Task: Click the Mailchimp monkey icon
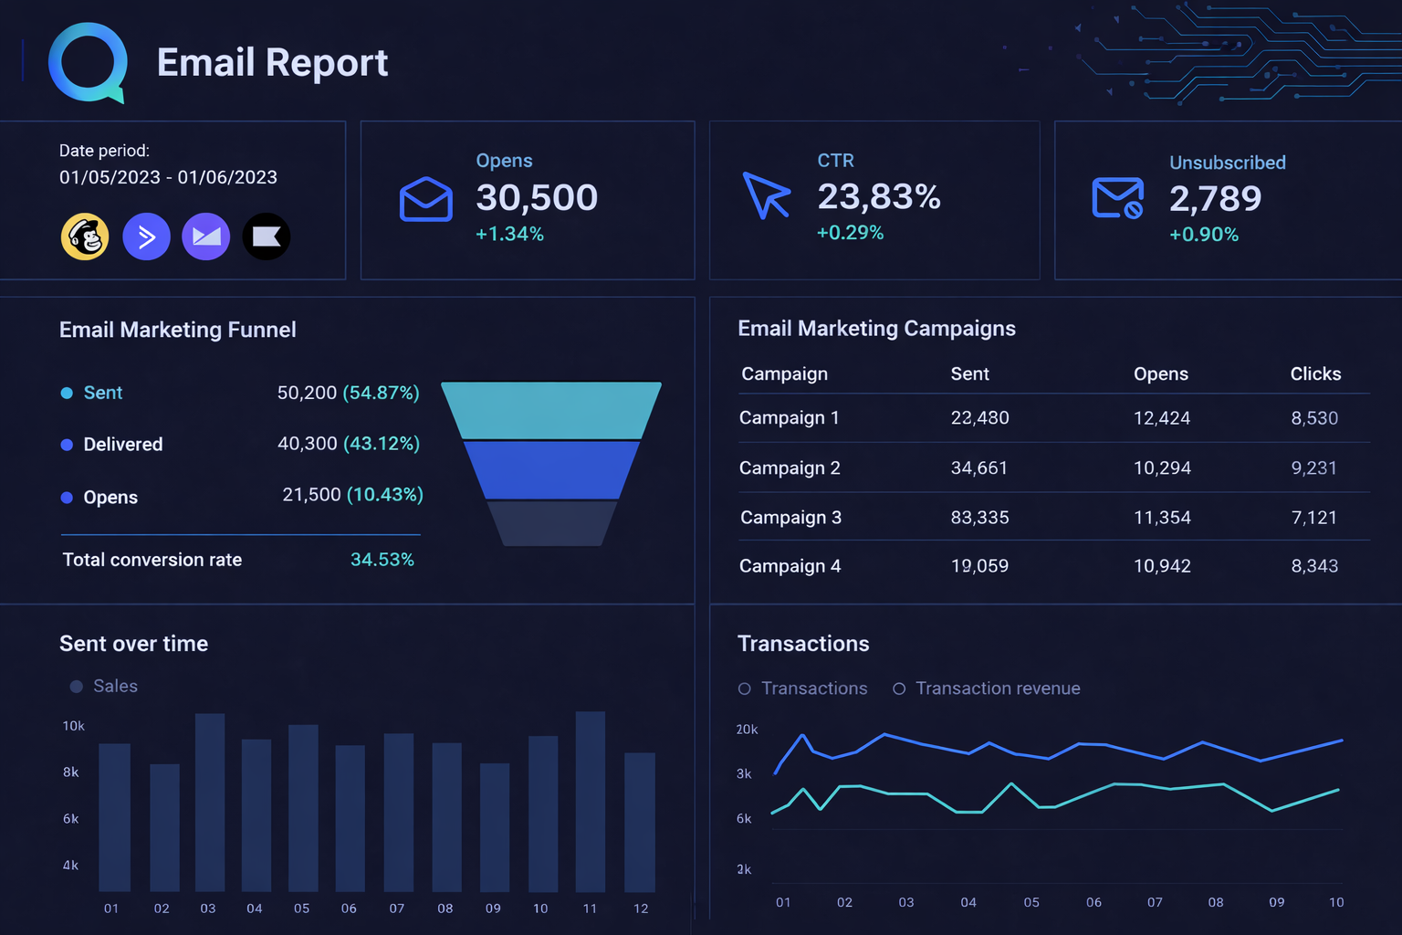[x=85, y=236]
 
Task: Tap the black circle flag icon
[x=267, y=236]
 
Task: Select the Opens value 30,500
[x=537, y=197]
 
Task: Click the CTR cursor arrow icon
[x=766, y=194]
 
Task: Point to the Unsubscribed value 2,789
[x=1215, y=198]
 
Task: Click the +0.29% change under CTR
[x=850, y=233]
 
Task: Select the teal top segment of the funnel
[x=551, y=410]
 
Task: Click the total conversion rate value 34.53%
[x=382, y=559]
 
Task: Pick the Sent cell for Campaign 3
[x=979, y=518]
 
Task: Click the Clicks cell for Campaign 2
[x=1313, y=467]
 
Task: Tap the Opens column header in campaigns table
[x=1160, y=373]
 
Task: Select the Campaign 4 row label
[x=790, y=566]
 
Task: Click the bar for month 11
[x=591, y=802]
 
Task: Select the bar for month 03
[x=210, y=803]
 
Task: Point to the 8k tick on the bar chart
[x=70, y=772]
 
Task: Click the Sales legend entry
[x=104, y=686]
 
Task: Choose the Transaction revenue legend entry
[x=987, y=688]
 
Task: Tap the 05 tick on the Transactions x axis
[x=1031, y=902]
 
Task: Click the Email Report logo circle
[x=88, y=63]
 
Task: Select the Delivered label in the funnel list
[x=122, y=445]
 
